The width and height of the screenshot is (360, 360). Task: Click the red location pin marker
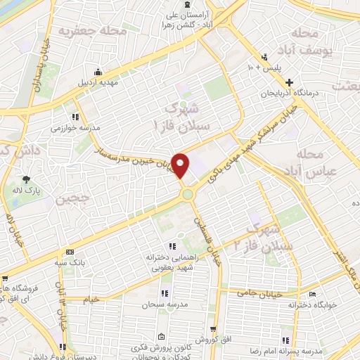click(181, 165)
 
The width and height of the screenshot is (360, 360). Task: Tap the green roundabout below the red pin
click(188, 193)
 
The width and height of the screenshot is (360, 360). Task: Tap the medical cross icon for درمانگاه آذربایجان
click(289, 82)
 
